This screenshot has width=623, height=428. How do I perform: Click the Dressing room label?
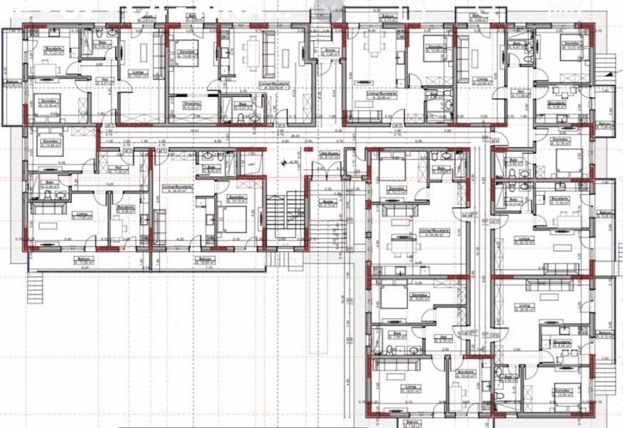191,103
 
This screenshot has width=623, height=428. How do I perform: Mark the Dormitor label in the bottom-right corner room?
562,391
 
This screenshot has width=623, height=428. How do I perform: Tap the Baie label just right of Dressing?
242,103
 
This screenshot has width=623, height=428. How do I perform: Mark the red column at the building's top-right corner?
590,27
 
